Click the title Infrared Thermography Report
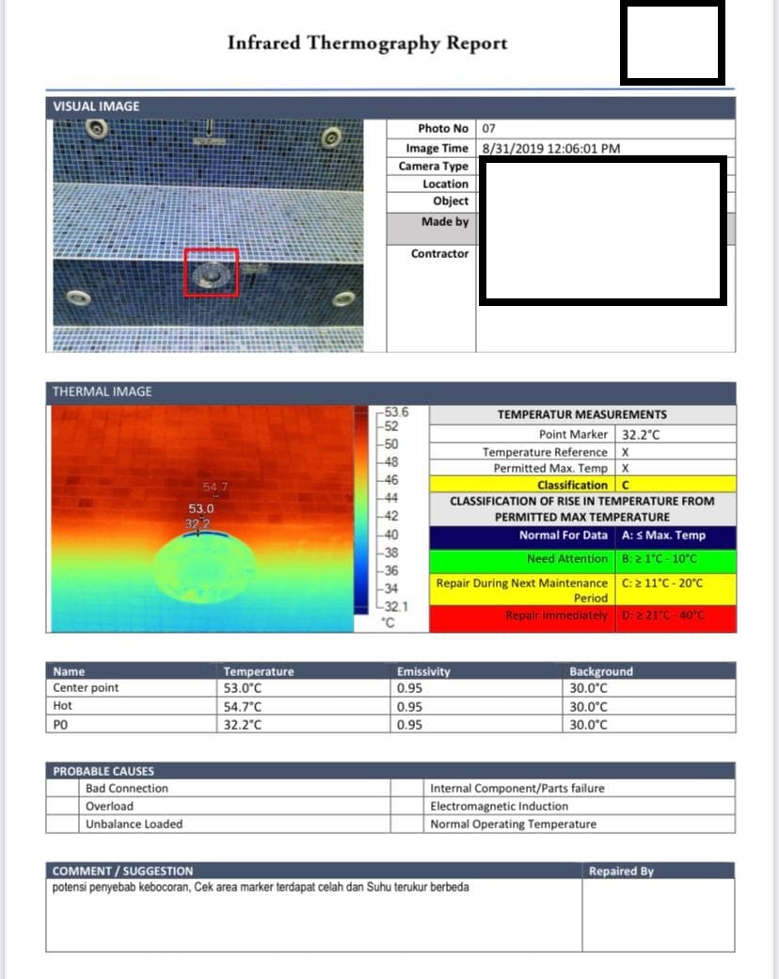click(367, 43)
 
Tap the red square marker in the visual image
click(212, 272)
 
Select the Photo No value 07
click(488, 128)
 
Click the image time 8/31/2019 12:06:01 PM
click(550, 148)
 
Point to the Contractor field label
click(439, 253)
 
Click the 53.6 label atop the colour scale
click(396, 411)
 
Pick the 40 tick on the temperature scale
click(392, 535)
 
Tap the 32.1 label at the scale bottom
click(394, 607)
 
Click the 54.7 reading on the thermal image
click(215, 487)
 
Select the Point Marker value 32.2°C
click(640, 435)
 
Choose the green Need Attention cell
click(521, 559)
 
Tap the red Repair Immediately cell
click(521, 616)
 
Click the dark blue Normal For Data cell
click(521, 536)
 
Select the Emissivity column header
click(423, 671)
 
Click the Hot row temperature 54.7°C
click(243, 706)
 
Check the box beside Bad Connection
click(63, 789)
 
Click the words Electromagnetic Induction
click(499, 806)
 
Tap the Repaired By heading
click(621, 871)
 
